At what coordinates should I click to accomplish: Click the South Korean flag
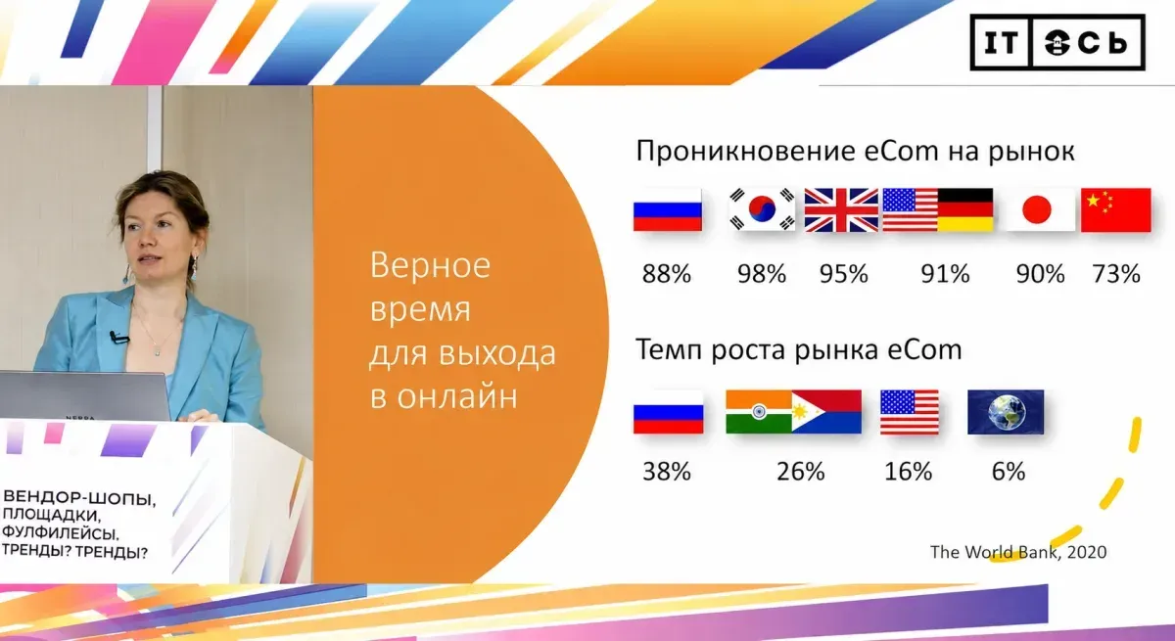pos(762,209)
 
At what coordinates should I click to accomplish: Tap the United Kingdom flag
pos(841,209)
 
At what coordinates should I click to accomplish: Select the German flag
pos(965,209)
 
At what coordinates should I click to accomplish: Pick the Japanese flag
pos(1037,209)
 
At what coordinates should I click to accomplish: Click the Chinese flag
pos(1116,209)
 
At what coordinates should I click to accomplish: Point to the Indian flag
pos(759,411)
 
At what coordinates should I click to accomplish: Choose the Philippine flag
pos(826,411)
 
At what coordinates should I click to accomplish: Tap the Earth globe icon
pos(1006,412)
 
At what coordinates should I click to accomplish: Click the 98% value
pos(762,274)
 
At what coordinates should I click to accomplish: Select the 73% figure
pos(1116,274)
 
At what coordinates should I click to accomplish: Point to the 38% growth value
pos(667,471)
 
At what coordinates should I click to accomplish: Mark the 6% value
pos(1009,471)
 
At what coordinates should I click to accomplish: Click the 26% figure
pos(801,471)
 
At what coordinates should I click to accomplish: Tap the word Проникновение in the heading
pos(745,152)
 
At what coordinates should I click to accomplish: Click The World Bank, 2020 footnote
pos(1018,552)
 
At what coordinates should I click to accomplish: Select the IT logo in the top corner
pos(1002,43)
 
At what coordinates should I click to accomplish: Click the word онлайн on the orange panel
pos(457,396)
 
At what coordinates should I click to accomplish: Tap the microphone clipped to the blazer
pos(118,338)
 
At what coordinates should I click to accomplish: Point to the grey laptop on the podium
pos(85,395)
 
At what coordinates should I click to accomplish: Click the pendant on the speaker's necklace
pos(158,352)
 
